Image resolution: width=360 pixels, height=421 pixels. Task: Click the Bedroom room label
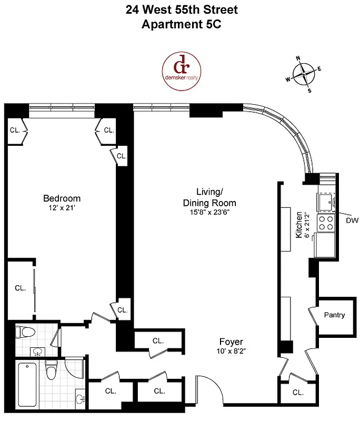coord(62,198)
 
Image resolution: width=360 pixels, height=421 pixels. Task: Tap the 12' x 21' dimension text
coord(62,208)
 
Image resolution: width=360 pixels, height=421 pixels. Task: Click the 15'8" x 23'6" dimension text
coord(209,213)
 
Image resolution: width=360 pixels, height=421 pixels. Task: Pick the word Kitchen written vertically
coord(299,225)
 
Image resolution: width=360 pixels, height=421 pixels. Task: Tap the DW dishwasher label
coord(352,221)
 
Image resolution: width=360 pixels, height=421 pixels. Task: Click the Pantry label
coord(334,315)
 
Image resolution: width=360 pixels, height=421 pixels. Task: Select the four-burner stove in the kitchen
coord(326,223)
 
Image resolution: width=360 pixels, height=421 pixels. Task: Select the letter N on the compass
coord(298,58)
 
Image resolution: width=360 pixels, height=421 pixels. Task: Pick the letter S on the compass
coord(309,91)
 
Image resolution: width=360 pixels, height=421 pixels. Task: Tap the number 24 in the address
coord(133,9)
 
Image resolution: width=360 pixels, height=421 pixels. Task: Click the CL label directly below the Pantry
coord(298,393)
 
